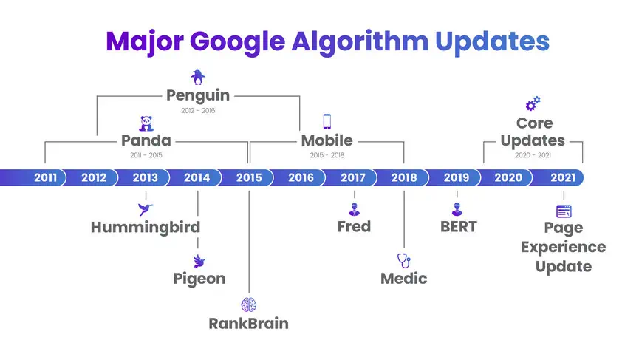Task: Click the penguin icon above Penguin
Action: click(198, 77)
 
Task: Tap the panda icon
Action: click(146, 123)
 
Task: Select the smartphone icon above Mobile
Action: click(327, 121)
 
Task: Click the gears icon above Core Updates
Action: click(533, 103)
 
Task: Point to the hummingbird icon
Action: click(145, 208)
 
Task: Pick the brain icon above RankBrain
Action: click(249, 305)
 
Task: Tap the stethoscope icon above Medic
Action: click(404, 260)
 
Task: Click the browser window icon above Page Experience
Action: click(564, 211)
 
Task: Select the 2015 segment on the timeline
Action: click(249, 177)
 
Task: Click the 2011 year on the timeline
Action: click(45, 177)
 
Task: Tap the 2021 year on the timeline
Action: click(563, 177)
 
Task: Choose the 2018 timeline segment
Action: click(404, 177)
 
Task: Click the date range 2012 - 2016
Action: click(198, 110)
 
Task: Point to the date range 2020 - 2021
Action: click(533, 155)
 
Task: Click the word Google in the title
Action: click(237, 42)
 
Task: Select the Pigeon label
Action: click(199, 279)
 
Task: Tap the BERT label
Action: click(459, 227)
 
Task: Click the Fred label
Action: click(354, 227)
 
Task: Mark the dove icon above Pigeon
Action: click(199, 262)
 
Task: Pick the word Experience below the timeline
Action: click(564, 248)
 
